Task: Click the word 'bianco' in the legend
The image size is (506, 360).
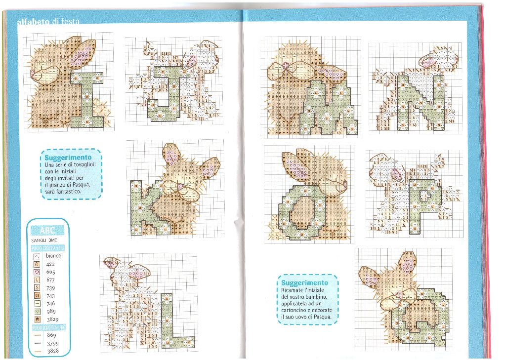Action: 53,256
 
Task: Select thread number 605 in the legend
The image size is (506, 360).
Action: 51,272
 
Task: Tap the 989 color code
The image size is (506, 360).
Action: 51,312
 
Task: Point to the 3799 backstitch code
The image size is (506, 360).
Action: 52,343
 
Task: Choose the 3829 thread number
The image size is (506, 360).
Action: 52,320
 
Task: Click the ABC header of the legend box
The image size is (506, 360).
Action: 47,231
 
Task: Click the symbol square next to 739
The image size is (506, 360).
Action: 37,288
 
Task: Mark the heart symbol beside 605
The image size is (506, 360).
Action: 37,272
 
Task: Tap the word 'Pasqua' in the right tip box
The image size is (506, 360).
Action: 326,316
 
